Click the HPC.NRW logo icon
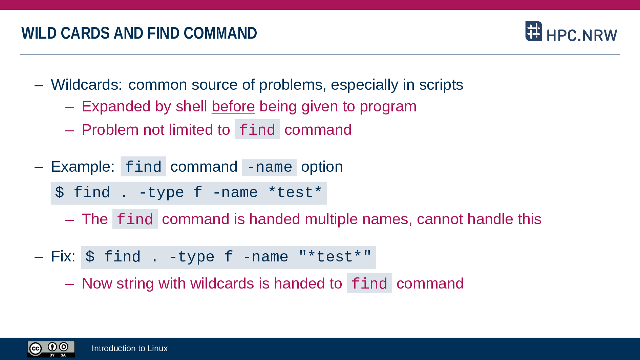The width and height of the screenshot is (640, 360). [534, 31]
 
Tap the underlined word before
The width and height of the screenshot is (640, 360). [233, 106]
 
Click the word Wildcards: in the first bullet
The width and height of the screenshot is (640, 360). [86, 85]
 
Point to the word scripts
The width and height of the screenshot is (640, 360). [441, 85]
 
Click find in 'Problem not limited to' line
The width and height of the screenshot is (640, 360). [257, 129]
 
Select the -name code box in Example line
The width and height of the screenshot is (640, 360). [270, 167]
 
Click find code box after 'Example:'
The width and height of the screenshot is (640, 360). [143, 166]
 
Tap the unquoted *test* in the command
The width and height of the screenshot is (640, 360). [295, 192]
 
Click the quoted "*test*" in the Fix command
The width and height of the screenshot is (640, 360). [335, 257]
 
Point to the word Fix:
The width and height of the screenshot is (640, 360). [63, 256]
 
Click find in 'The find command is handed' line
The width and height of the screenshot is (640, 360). [135, 219]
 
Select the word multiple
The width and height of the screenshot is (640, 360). [331, 219]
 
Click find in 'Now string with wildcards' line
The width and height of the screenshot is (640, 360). [369, 283]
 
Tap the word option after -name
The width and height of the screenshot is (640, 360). [322, 167]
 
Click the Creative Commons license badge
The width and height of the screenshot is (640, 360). [51, 349]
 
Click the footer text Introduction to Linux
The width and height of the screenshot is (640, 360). [130, 348]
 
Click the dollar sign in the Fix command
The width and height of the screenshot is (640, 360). [90, 257]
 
